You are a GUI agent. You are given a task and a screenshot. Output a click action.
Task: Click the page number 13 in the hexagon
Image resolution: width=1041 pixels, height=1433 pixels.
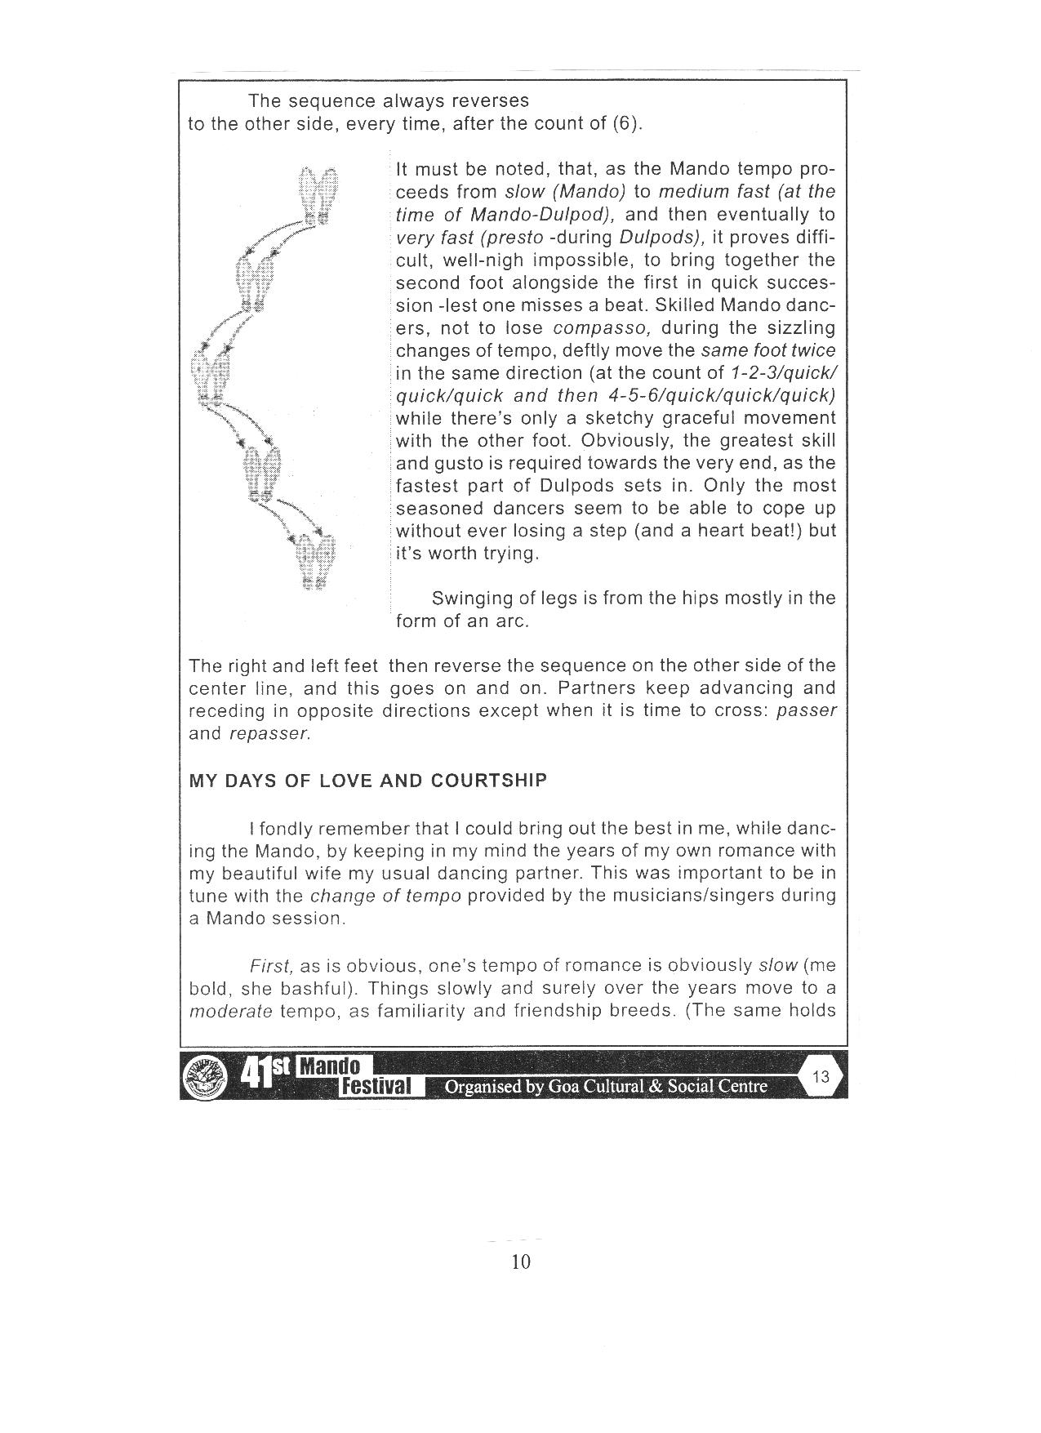coord(821,1076)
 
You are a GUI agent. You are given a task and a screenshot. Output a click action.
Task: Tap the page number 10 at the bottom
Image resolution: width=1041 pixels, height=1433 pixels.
coord(520,1262)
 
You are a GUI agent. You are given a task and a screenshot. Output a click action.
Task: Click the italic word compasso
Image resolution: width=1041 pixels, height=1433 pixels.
coord(601,327)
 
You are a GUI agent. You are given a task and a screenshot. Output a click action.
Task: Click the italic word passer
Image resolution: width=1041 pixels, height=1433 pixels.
coord(806,710)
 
